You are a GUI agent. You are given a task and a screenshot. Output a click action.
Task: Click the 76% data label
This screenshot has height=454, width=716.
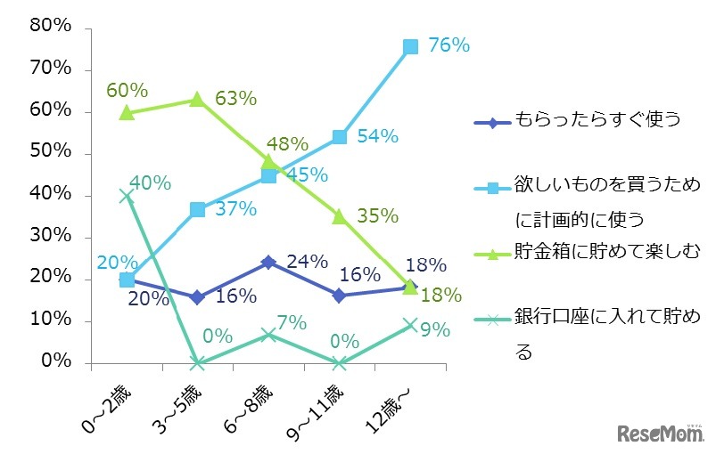tap(449, 45)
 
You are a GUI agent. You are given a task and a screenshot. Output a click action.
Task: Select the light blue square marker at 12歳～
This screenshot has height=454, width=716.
tap(410, 46)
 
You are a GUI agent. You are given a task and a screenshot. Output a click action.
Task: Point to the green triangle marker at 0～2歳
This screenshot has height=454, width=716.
tap(127, 112)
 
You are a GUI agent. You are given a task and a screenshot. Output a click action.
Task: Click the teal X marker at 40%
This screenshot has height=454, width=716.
tap(127, 196)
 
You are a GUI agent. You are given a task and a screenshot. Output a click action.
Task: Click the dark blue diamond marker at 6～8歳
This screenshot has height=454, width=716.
tap(268, 263)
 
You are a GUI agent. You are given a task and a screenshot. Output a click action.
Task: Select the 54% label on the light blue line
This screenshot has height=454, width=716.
tap(378, 136)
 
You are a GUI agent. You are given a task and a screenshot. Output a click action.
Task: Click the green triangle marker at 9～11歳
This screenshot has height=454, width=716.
tap(340, 216)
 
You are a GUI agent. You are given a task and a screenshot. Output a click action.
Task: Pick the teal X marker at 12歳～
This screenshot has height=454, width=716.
tap(410, 325)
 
